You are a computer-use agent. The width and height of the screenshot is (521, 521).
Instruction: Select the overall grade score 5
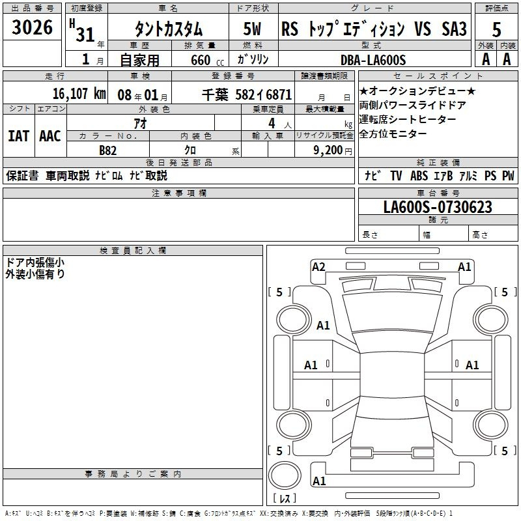pos(496,29)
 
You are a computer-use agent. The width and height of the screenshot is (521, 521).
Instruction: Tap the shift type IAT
pos(18,136)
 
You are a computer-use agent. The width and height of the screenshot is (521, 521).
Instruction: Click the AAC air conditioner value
pos(50,136)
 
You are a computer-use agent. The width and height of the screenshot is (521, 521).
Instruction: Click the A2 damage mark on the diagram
pos(318,266)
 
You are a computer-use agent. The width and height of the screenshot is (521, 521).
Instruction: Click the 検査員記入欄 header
pos(133,251)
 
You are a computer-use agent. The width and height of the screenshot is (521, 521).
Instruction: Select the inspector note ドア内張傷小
pos(35,262)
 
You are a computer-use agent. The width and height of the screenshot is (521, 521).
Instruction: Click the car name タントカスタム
pos(168,29)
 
